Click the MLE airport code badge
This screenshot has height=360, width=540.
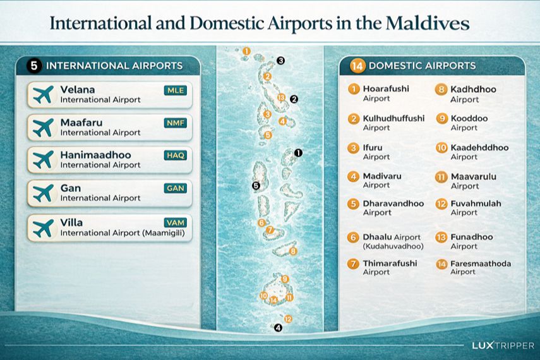coord(176,90)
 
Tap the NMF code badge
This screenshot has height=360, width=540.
coord(176,123)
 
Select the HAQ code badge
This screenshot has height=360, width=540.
coord(176,155)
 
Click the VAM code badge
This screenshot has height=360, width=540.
coord(176,222)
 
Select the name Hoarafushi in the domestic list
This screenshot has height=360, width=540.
coord(385,89)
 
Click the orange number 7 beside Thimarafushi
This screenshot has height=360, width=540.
coord(354,263)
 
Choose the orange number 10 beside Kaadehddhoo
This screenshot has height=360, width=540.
coord(441,148)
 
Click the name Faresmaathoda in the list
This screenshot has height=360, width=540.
coord(481,263)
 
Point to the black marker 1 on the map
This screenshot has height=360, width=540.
coord(299,153)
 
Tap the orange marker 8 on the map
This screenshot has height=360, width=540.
coord(293,251)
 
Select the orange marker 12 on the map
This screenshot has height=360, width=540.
coord(288,319)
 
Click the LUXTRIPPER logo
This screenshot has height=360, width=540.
coord(503,346)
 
